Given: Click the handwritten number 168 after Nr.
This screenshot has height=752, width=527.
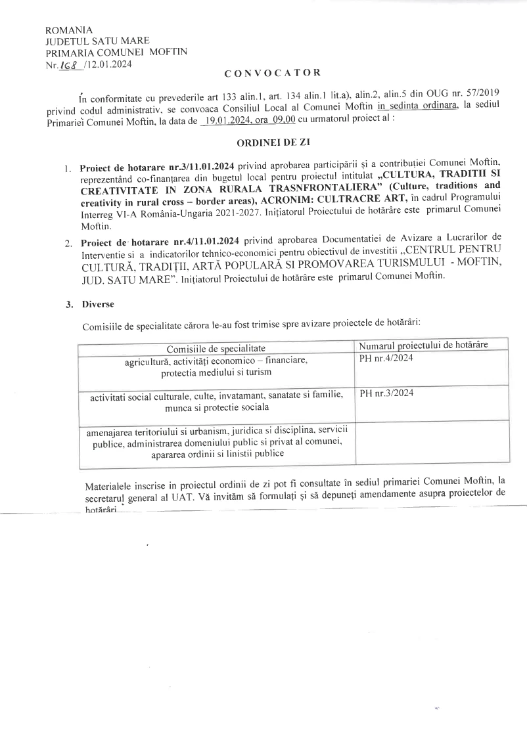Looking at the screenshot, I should pyautogui.click(x=68, y=64).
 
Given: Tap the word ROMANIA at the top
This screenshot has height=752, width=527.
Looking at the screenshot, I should pyautogui.click(x=68, y=30).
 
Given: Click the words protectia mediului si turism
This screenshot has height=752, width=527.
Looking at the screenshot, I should pyautogui.click(x=216, y=372).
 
